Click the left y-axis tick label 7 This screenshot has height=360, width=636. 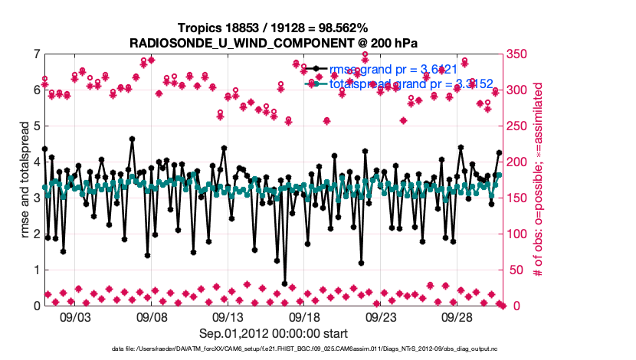[37, 54]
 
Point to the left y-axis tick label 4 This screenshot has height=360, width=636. [37, 162]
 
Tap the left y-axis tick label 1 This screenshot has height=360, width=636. [37, 270]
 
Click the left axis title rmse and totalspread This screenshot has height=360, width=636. [23, 180]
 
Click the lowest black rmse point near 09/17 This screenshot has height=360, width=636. [285, 283]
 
